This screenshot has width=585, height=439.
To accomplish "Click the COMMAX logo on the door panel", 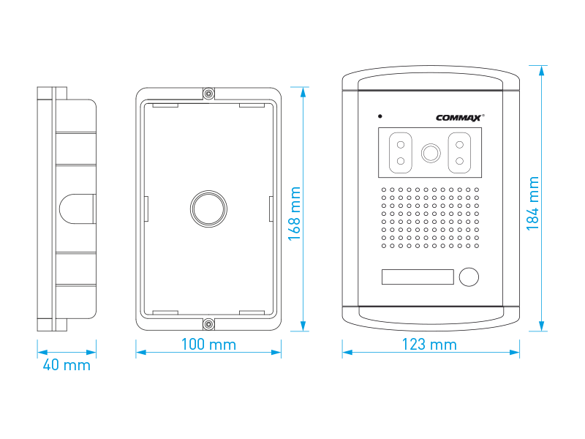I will click(x=459, y=117).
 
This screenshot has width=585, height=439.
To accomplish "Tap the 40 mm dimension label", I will click(x=67, y=364).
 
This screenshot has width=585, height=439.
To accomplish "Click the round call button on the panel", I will click(x=468, y=277).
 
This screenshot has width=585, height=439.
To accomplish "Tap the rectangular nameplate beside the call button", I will click(x=418, y=277).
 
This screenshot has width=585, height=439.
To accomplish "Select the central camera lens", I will click(x=431, y=153).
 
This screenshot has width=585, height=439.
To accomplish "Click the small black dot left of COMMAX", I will click(x=380, y=116).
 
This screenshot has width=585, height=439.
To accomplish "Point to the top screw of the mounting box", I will click(x=209, y=94).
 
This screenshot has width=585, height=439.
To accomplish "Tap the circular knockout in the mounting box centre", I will click(x=208, y=209).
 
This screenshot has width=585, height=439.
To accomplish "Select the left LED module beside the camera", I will click(x=400, y=153).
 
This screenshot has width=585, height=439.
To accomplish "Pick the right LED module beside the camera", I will click(x=459, y=153).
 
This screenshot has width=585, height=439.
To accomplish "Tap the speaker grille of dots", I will click(x=430, y=217).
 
